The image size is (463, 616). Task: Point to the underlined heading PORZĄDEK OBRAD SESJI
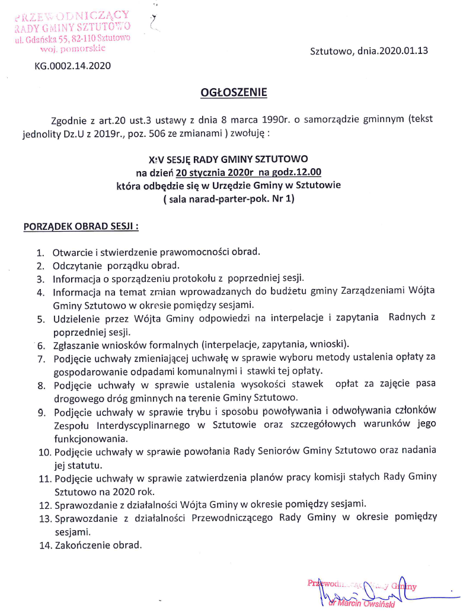tap(81, 226)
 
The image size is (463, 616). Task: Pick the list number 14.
tap(44, 546)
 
